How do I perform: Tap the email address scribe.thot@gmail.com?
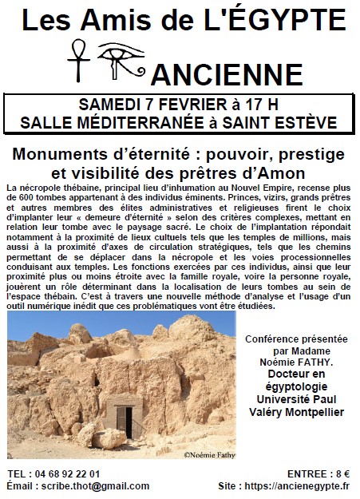[x=98, y=485]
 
